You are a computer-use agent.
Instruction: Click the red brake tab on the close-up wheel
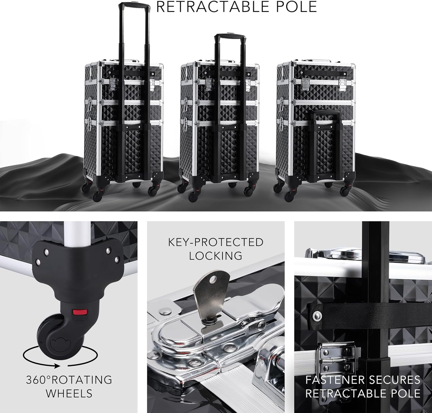point(80,312)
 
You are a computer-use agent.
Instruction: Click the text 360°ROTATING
point(69,380)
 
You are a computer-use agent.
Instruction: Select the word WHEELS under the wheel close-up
point(69,393)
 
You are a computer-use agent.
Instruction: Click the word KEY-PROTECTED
point(216,242)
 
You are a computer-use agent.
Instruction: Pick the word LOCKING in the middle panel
point(216,256)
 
